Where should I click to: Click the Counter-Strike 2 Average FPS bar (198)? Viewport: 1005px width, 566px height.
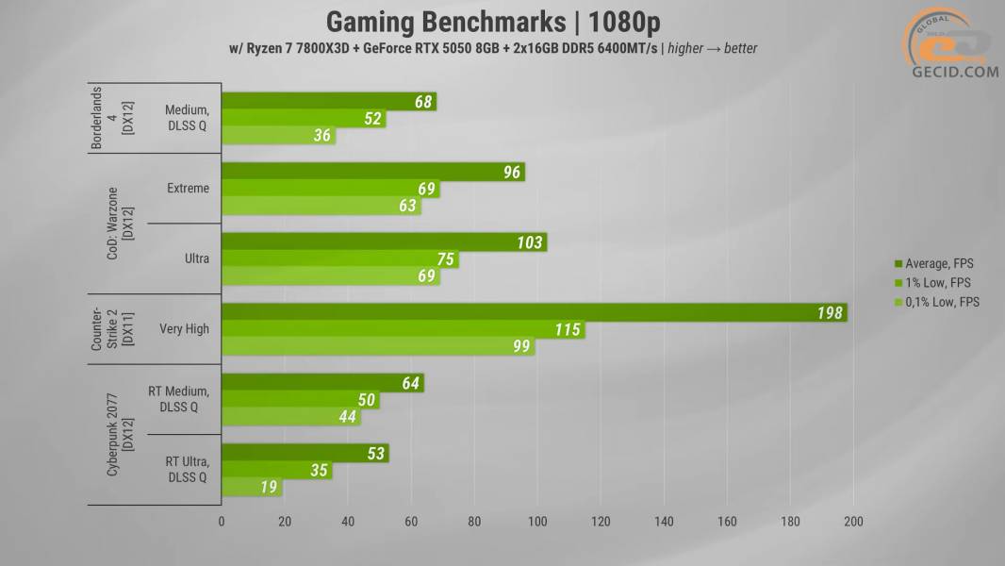pyautogui.click(x=534, y=312)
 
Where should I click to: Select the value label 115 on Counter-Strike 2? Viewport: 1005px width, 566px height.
pyautogui.click(x=568, y=330)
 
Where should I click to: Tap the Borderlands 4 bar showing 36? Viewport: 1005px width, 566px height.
pyautogui.click(x=278, y=136)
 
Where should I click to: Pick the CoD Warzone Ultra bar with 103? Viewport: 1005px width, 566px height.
pyautogui.click(x=384, y=242)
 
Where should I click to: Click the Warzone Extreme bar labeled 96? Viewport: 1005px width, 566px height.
pyautogui.click(x=372, y=172)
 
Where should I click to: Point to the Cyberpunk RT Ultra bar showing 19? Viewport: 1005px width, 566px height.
pyautogui.click(x=252, y=488)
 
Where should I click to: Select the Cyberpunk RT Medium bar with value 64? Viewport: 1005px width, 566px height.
pyautogui.click(x=322, y=383)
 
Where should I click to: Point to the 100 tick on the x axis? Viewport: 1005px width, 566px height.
pyautogui.click(x=537, y=521)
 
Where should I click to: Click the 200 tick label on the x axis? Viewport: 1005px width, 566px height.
pyautogui.click(x=853, y=521)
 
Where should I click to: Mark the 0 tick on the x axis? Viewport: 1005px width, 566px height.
pyautogui.click(x=222, y=521)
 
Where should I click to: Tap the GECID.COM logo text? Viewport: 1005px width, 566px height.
pyautogui.click(x=954, y=72)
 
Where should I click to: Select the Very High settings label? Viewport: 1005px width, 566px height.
pyautogui.click(x=184, y=329)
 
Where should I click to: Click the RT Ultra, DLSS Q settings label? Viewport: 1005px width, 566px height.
pyautogui.click(x=188, y=469)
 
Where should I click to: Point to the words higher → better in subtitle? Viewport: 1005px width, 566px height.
pyautogui.click(x=712, y=48)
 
